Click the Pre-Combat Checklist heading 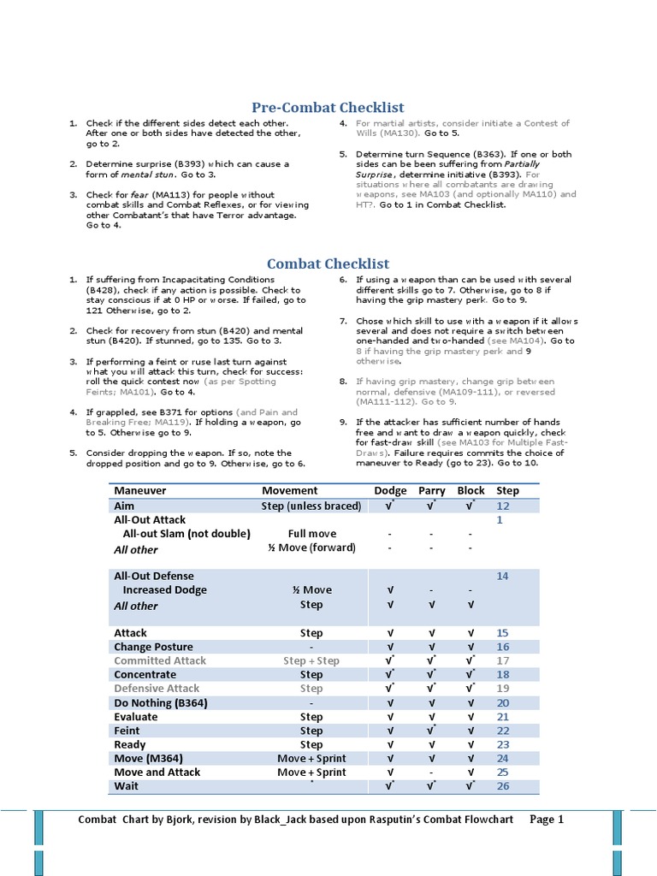(x=328, y=108)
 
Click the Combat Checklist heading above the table (x=328, y=264)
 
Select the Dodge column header (x=390, y=491)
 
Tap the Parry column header (x=432, y=491)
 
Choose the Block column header (x=471, y=491)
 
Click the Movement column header (x=289, y=491)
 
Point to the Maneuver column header (x=140, y=491)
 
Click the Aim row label (x=125, y=506)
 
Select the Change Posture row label (x=153, y=647)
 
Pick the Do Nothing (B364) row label (x=161, y=703)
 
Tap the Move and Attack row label (x=157, y=772)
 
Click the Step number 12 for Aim (x=503, y=506)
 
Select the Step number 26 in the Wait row (x=503, y=786)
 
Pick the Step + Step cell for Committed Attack (x=311, y=661)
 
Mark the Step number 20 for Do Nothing (x=503, y=703)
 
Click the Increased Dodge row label (x=165, y=590)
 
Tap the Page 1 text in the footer (x=547, y=820)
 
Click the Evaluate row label (x=136, y=717)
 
